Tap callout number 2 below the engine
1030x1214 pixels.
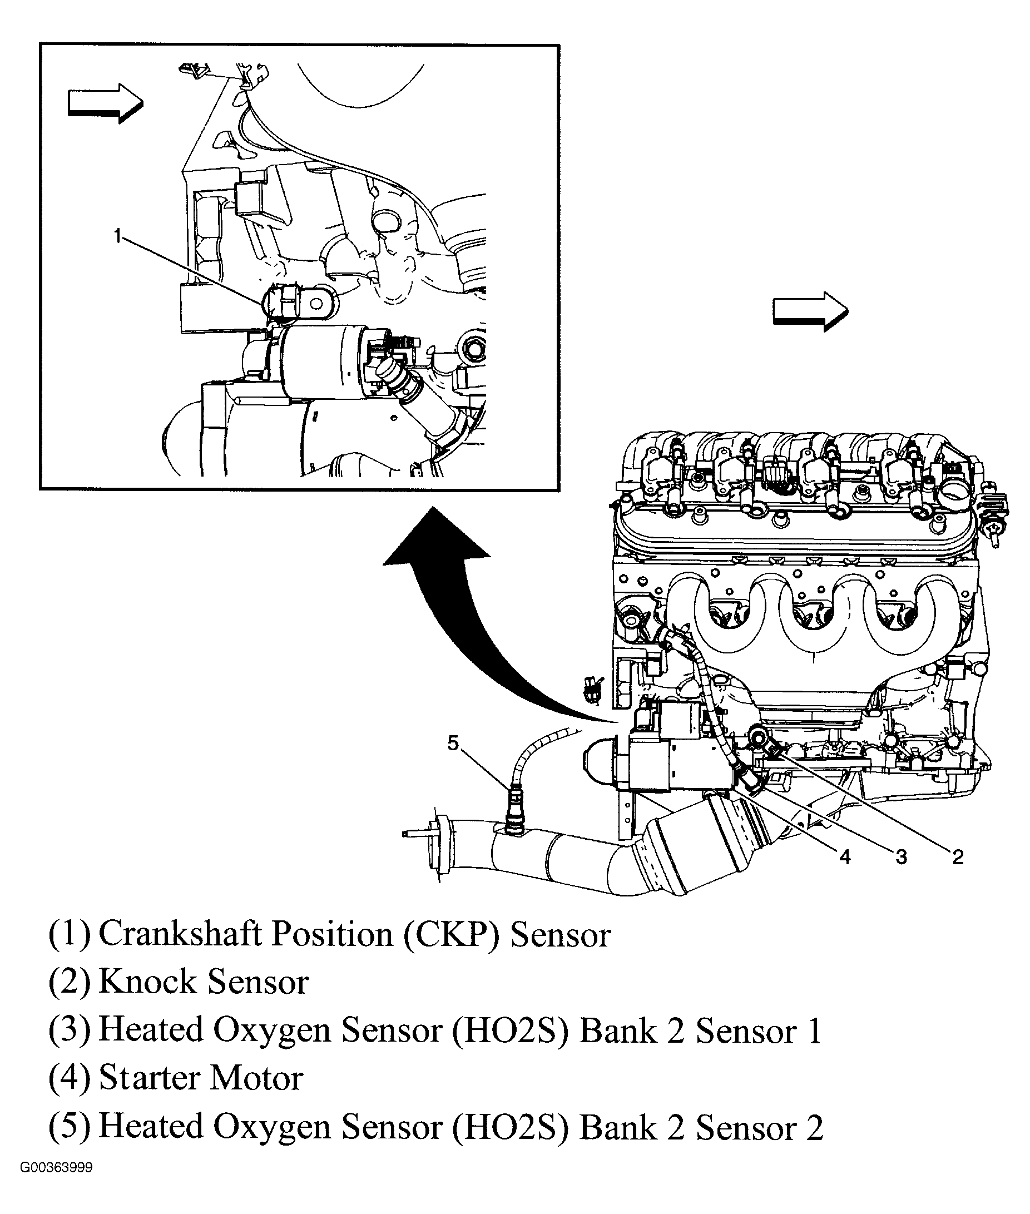(958, 857)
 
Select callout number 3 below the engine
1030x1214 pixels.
(901, 857)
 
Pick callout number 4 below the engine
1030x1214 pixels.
(845, 857)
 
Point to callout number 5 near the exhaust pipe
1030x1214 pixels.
(454, 744)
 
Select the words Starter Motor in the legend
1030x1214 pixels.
(201, 1077)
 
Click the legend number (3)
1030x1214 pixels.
(70, 1029)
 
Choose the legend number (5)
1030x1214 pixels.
(70, 1126)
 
